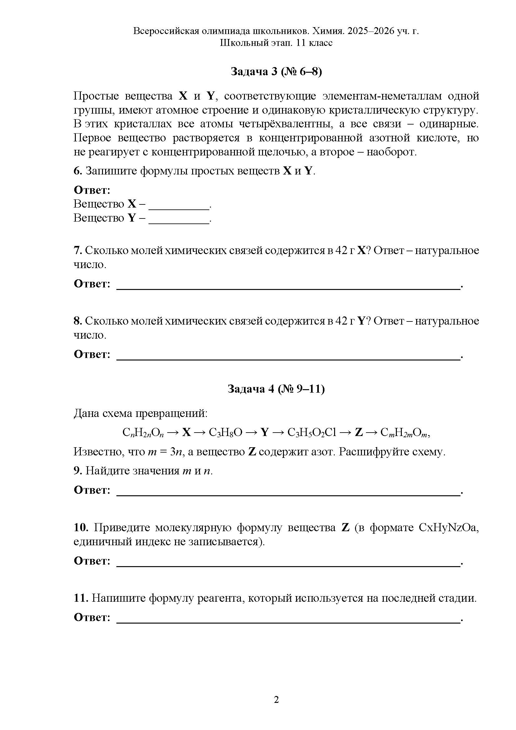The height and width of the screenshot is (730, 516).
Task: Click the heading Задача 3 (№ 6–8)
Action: (276, 72)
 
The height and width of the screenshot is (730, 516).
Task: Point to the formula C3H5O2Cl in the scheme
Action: (311, 432)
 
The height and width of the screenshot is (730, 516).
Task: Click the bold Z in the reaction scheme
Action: (358, 432)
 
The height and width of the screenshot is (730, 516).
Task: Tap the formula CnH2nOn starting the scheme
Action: (143, 433)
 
